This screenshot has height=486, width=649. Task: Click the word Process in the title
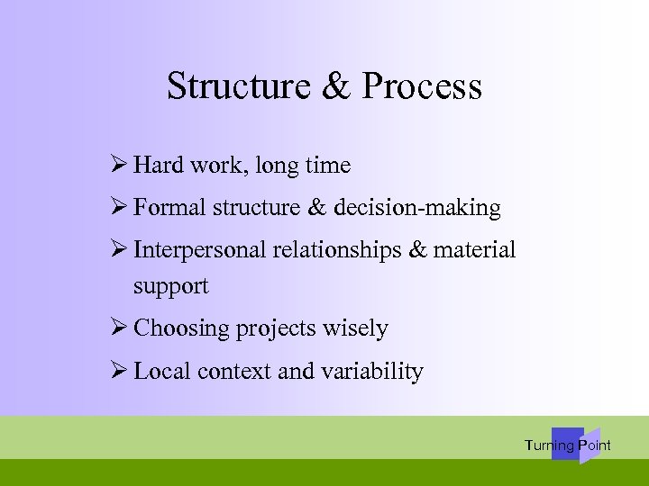[422, 86]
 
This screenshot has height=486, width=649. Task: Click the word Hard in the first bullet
[158, 166]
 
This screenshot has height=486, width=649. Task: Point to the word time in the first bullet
[327, 166]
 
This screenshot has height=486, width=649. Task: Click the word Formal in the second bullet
[170, 208]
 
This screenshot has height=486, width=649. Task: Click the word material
[475, 250]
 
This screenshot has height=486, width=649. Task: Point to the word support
[170, 286]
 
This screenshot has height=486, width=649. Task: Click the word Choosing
[181, 328]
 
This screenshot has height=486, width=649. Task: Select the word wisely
[359, 328]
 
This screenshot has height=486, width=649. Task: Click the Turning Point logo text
[568, 445]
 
